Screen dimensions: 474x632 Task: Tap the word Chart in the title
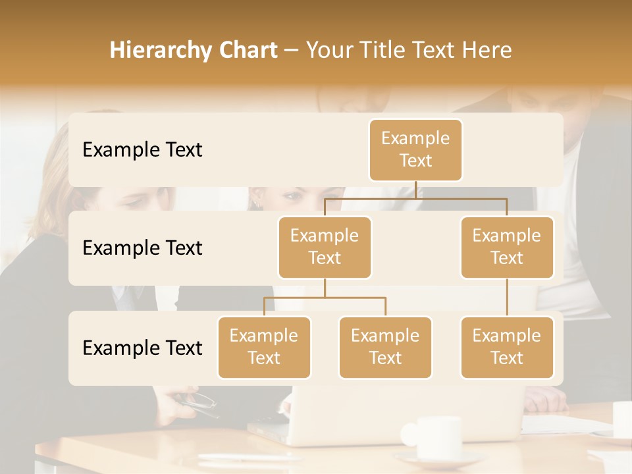coord(244,51)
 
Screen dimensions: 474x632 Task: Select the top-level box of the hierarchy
coord(415,149)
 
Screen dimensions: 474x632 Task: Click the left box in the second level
coord(325,247)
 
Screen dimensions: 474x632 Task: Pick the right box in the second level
coord(507,247)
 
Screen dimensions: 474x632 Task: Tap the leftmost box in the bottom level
coord(264,347)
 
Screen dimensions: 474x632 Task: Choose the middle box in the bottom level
coord(385,347)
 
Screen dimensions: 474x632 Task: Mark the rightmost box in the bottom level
coord(507,347)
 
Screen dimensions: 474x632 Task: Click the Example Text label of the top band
coord(142,150)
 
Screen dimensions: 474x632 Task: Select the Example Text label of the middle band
coord(142,248)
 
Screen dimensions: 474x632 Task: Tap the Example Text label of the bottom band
coord(142,348)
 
